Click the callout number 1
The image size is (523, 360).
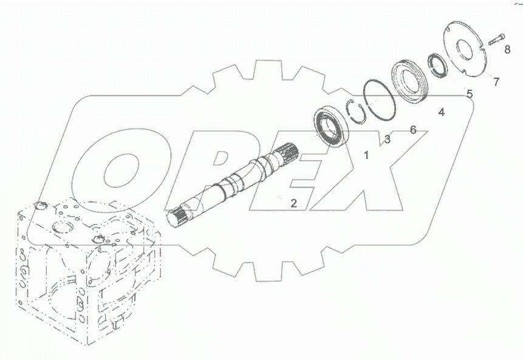(x=366, y=155)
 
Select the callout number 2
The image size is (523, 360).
(x=293, y=203)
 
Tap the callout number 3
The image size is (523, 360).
(x=387, y=140)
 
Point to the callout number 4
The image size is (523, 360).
(x=442, y=112)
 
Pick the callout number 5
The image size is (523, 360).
(x=469, y=94)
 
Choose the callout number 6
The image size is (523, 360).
(x=413, y=130)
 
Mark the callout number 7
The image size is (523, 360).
(x=496, y=81)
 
